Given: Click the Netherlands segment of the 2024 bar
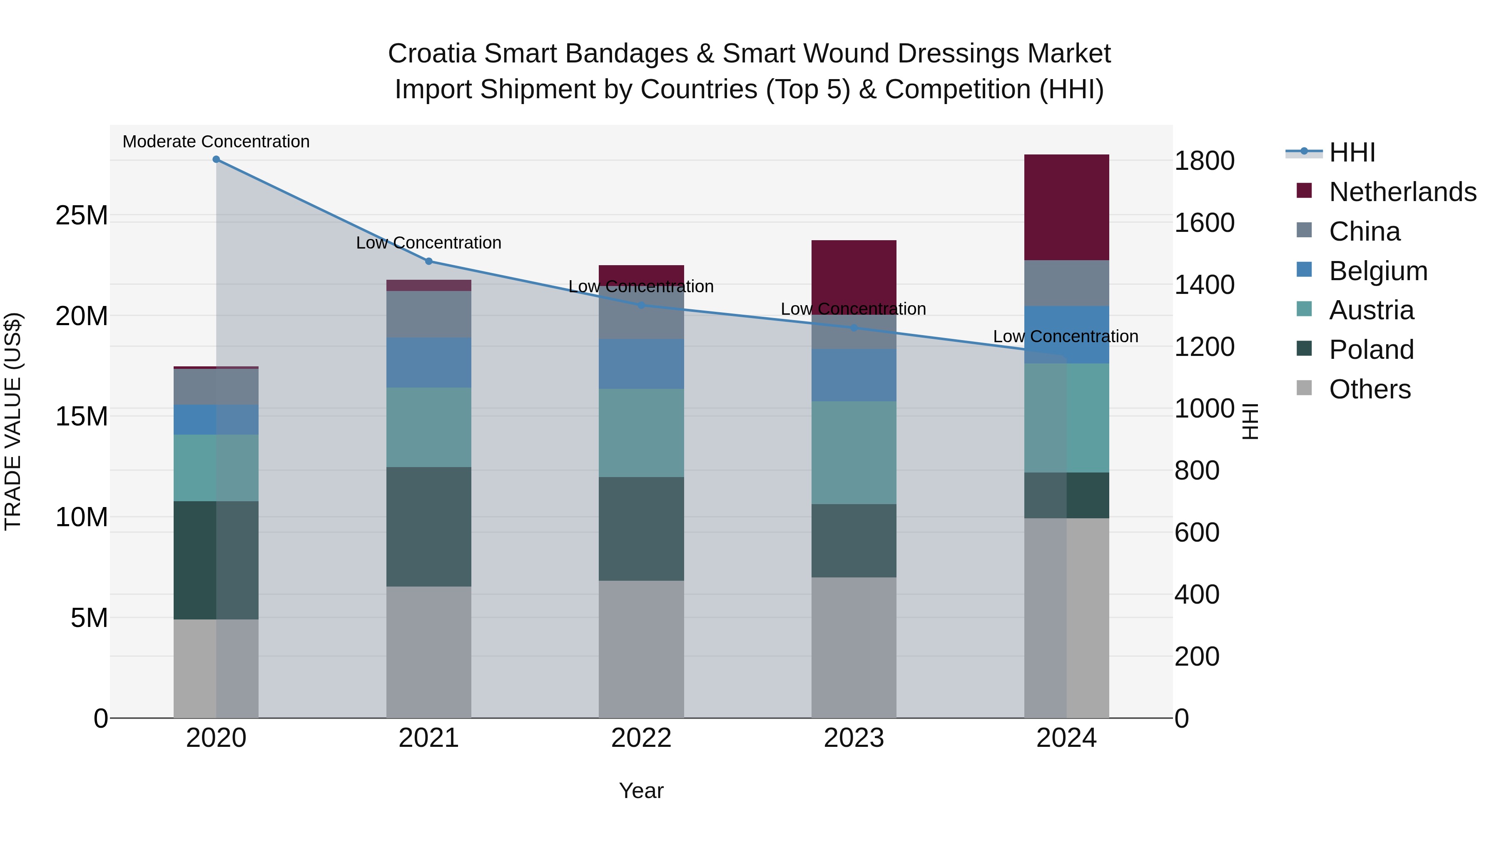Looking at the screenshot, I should [1066, 207].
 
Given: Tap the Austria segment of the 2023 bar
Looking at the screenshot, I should [854, 452].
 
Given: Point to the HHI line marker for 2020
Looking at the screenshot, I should [216, 159].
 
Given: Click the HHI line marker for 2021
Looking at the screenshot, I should [429, 261].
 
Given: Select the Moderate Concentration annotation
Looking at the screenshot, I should [216, 142].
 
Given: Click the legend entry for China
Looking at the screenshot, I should [1365, 231].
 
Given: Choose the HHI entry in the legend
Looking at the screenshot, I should [1352, 152].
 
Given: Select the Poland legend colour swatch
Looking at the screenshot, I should [1304, 349].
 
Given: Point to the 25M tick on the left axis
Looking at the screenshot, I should [82, 216].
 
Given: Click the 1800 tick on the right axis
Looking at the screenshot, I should [1204, 161].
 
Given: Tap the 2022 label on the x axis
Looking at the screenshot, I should [641, 738].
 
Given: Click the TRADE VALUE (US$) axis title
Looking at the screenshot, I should [13, 421].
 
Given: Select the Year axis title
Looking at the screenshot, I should [641, 791].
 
